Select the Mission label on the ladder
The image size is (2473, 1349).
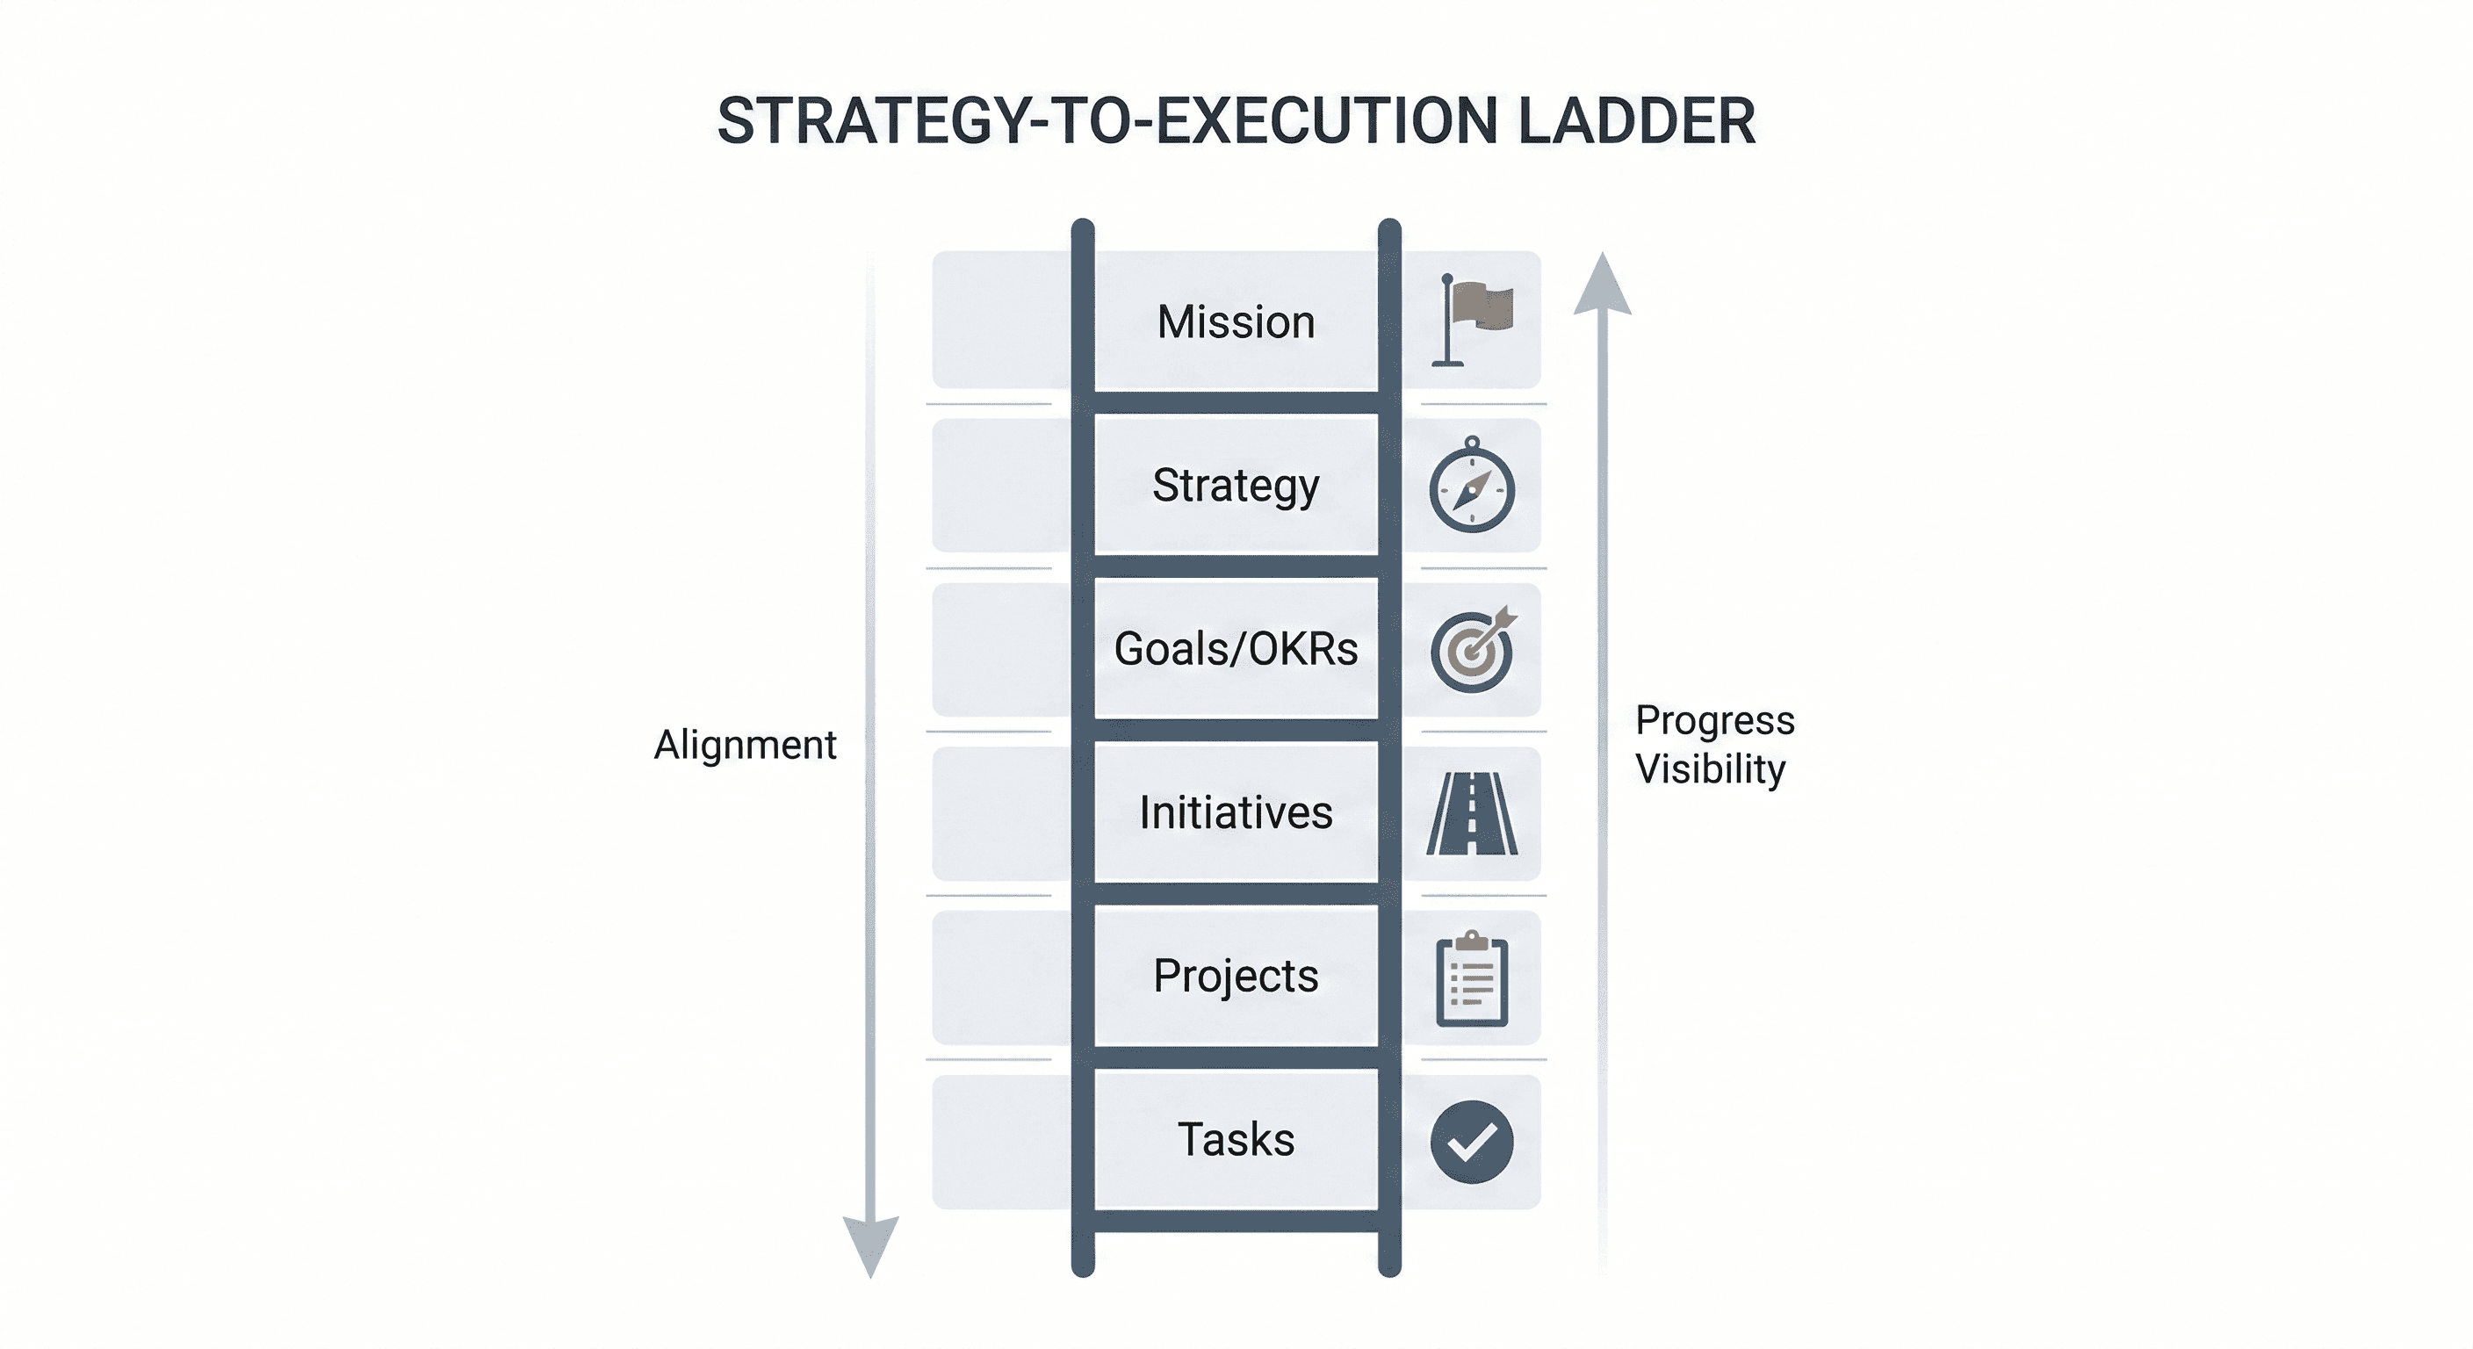[x=1236, y=321]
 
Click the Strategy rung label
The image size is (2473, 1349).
[x=1236, y=486]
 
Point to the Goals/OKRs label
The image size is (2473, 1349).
[x=1236, y=650]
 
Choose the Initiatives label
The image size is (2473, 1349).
[x=1236, y=813]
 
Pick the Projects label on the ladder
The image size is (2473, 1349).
[x=1236, y=977]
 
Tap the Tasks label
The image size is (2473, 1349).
[x=1236, y=1141]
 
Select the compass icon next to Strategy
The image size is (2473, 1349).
[x=1472, y=487]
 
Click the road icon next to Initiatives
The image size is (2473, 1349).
[x=1472, y=813]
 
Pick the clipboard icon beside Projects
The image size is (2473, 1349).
[x=1472, y=978]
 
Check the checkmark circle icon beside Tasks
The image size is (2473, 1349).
[x=1472, y=1142]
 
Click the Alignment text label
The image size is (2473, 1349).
[x=745, y=745]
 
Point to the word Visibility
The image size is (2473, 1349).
[x=1710, y=769]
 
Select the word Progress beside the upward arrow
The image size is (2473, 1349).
[x=1714, y=720]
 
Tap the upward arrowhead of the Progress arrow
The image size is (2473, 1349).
[x=1602, y=286]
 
